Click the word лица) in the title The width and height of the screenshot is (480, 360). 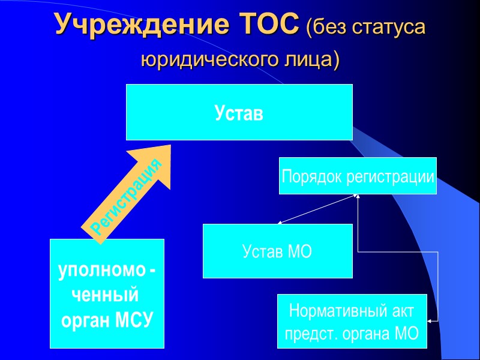[311, 60]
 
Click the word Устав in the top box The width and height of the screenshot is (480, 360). [239, 113]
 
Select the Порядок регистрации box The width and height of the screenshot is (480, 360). [358, 176]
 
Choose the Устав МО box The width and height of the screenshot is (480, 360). [277, 251]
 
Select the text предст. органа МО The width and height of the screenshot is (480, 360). [352, 333]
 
